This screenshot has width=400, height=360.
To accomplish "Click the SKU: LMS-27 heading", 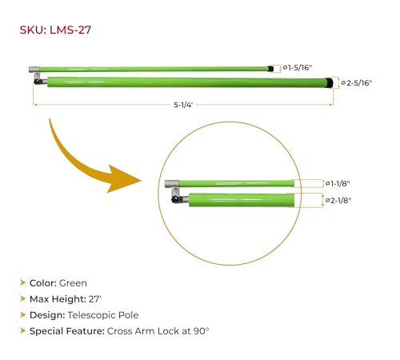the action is click(55, 30).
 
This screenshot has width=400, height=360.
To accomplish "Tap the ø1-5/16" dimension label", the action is click(298, 68).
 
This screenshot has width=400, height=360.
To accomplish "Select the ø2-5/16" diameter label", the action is click(357, 83).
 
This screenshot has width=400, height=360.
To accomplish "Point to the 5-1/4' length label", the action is click(183, 105).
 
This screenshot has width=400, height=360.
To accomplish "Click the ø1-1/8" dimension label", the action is click(338, 183).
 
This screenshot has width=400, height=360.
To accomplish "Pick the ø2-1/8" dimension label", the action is click(338, 200).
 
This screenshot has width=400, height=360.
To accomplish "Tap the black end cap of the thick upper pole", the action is click(330, 82).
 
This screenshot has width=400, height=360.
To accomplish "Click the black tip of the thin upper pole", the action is click(271, 69).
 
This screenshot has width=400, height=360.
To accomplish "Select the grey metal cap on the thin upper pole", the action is click(34, 70).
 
